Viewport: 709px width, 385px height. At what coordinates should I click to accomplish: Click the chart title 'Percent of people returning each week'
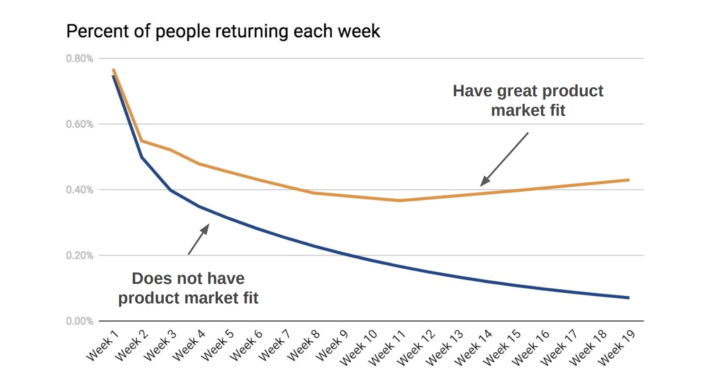point(223,31)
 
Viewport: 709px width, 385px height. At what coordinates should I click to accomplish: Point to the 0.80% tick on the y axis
point(80,59)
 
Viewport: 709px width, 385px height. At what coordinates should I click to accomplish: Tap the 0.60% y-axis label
point(80,124)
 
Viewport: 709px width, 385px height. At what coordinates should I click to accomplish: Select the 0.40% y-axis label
point(80,190)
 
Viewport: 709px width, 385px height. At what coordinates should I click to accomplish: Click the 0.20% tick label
point(80,255)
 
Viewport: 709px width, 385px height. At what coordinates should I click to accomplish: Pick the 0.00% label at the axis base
point(80,321)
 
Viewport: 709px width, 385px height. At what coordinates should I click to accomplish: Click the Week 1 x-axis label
point(102,346)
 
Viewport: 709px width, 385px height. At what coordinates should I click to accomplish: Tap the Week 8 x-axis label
point(303,346)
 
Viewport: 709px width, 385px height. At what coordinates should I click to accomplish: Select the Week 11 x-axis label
point(387,348)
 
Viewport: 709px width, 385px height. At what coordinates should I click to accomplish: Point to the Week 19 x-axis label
point(616,348)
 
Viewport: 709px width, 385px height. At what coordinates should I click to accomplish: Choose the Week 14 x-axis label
point(473,348)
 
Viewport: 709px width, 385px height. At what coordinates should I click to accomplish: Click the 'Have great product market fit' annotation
point(528,101)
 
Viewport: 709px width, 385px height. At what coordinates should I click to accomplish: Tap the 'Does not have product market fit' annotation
point(188,288)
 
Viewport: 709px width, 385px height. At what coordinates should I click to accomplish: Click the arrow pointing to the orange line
point(504,159)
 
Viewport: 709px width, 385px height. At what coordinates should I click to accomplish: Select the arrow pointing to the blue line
point(198,239)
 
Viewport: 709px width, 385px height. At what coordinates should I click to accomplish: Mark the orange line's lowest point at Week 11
point(400,200)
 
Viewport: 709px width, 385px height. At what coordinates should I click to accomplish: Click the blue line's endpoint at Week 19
point(629,298)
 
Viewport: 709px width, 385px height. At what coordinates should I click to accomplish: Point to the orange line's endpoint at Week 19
point(629,180)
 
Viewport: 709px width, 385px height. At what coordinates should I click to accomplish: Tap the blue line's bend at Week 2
point(142,157)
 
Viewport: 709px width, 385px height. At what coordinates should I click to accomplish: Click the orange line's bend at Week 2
point(142,141)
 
